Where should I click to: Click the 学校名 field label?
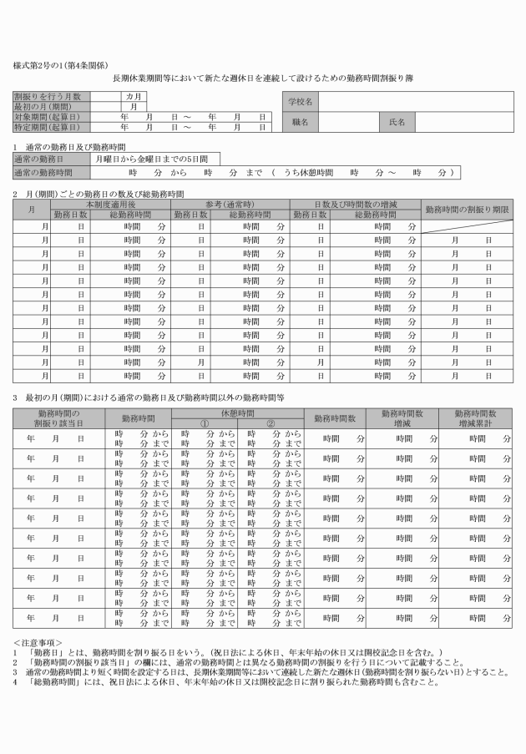click(x=300, y=101)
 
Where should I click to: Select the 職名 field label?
click(x=300, y=122)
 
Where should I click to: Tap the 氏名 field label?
click(x=397, y=122)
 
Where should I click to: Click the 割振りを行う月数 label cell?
click(x=48, y=96)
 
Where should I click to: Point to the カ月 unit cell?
click(x=133, y=96)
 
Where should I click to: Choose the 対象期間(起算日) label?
click(x=48, y=117)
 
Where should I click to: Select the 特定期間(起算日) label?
click(x=48, y=127)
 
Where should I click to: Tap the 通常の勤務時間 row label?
click(x=42, y=172)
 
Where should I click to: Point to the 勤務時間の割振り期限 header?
click(x=467, y=209)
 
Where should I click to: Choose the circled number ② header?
click(x=270, y=423)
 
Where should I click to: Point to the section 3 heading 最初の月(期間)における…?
click(x=150, y=397)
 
